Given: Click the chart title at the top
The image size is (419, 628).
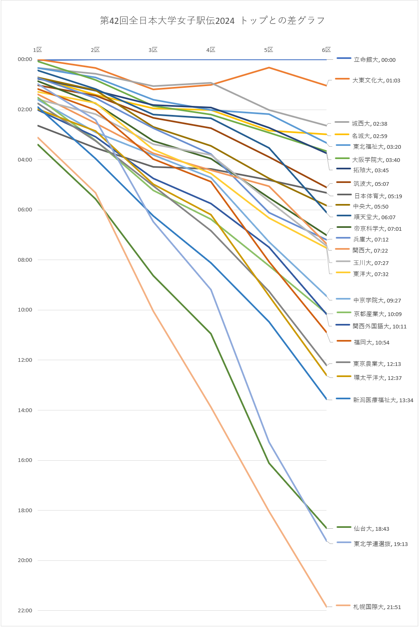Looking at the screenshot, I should (212, 21).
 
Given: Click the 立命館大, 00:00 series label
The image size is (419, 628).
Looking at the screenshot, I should (374, 60).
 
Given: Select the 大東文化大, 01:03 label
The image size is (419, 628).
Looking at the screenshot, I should (376, 80).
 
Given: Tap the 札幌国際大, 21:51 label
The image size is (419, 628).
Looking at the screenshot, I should (377, 607).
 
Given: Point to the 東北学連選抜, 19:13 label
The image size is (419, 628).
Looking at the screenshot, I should (380, 544).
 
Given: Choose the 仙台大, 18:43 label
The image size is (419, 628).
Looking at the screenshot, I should (371, 529).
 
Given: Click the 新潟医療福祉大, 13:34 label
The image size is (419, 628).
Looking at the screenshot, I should (383, 400).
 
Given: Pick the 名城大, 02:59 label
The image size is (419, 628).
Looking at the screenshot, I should (370, 136).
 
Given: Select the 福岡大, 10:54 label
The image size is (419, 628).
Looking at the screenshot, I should (371, 342).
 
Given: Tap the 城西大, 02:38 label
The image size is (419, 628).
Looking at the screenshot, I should (369, 124).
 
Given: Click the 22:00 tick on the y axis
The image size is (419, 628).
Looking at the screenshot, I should (25, 610).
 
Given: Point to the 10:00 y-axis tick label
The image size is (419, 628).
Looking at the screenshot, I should (25, 310).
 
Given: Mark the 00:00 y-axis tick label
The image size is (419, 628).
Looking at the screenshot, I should (25, 59).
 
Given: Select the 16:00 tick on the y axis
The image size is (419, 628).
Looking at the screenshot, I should (25, 460).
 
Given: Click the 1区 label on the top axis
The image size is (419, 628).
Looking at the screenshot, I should (37, 50).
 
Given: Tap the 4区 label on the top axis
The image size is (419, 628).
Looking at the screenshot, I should (211, 50).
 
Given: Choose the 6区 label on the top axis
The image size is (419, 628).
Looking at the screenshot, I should (326, 50).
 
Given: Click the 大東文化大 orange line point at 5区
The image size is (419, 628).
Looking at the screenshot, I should (269, 68).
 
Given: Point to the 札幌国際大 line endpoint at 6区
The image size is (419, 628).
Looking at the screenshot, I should (326, 606).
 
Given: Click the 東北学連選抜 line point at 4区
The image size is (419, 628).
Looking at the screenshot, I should (211, 290).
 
